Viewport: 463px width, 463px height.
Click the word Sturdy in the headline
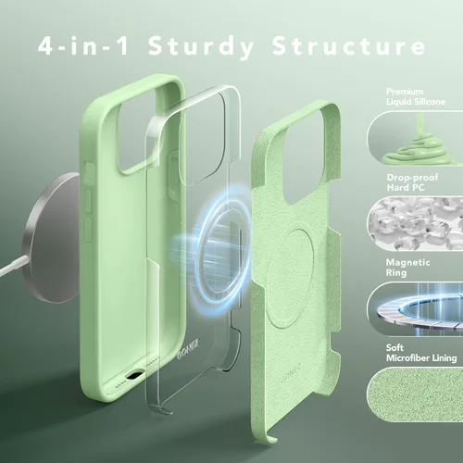(x=201, y=47)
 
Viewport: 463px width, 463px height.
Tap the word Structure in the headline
(x=348, y=45)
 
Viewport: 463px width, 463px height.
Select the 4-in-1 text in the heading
(x=83, y=45)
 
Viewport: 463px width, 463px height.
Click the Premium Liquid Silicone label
(x=416, y=96)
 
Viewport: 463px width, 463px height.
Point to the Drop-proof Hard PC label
(x=412, y=182)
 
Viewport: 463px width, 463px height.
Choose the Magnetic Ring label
(x=407, y=268)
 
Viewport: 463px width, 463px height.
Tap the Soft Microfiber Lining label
(x=421, y=353)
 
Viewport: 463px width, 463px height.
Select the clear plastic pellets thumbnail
(x=415, y=223)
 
